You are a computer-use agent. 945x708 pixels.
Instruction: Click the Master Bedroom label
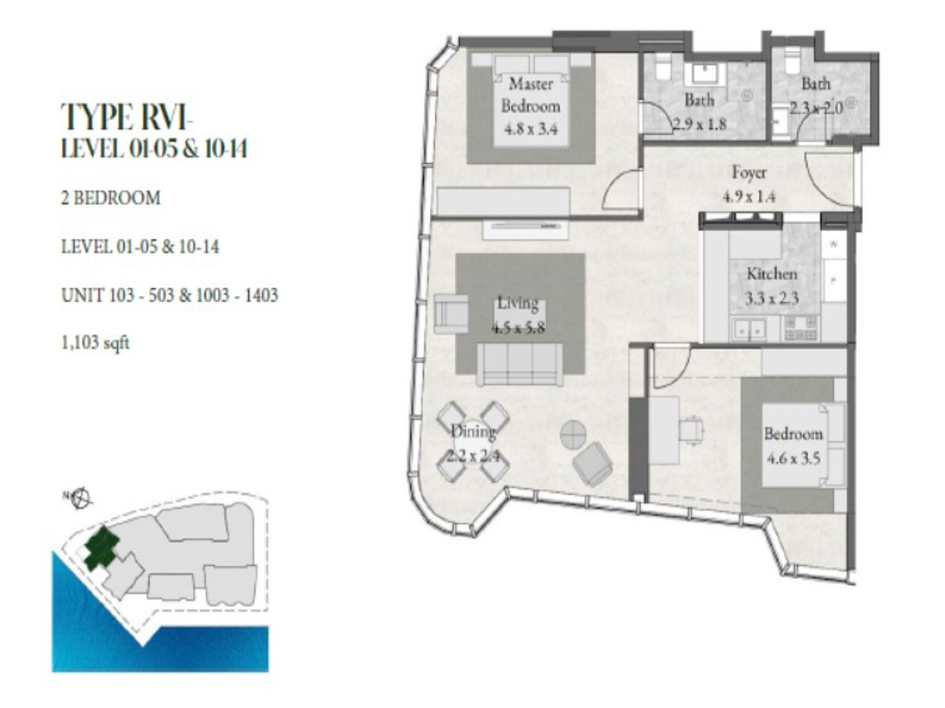[531, 94]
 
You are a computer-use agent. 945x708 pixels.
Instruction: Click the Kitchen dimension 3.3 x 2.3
[772, 299]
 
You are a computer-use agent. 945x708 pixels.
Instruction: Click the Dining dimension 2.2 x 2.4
[473, 454]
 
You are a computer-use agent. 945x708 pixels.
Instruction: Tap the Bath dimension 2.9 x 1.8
[699, 124]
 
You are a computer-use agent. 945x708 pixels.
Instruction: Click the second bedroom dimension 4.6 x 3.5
[793, 458]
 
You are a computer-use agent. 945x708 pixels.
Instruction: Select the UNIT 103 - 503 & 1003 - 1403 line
[169, 297]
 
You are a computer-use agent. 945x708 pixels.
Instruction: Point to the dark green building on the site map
[100, 548]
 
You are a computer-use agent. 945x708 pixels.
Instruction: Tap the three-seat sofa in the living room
[520, 364]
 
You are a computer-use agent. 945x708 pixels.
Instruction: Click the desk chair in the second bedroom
[691, 430]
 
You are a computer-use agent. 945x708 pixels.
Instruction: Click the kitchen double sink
[749, 328]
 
